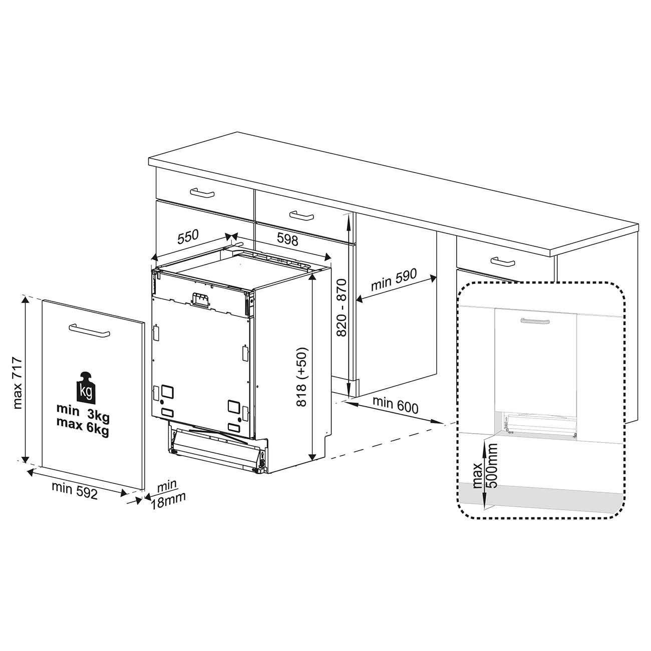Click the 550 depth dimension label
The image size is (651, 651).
(188, 237)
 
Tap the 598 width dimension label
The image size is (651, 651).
(287, 239)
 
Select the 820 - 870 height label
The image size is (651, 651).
(342, 307)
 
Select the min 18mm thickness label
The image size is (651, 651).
(168, 494)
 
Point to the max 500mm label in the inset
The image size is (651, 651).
(485, 466)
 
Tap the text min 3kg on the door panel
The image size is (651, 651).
(83, 414)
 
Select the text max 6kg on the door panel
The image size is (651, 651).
(83, 427)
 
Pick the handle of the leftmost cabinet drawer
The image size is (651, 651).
(202, 193)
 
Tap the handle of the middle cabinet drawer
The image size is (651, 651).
(301, 215)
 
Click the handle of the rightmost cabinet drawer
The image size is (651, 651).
(503, 261)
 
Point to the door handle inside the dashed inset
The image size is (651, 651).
(535, 321)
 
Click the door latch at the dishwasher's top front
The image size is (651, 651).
(201, 300)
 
